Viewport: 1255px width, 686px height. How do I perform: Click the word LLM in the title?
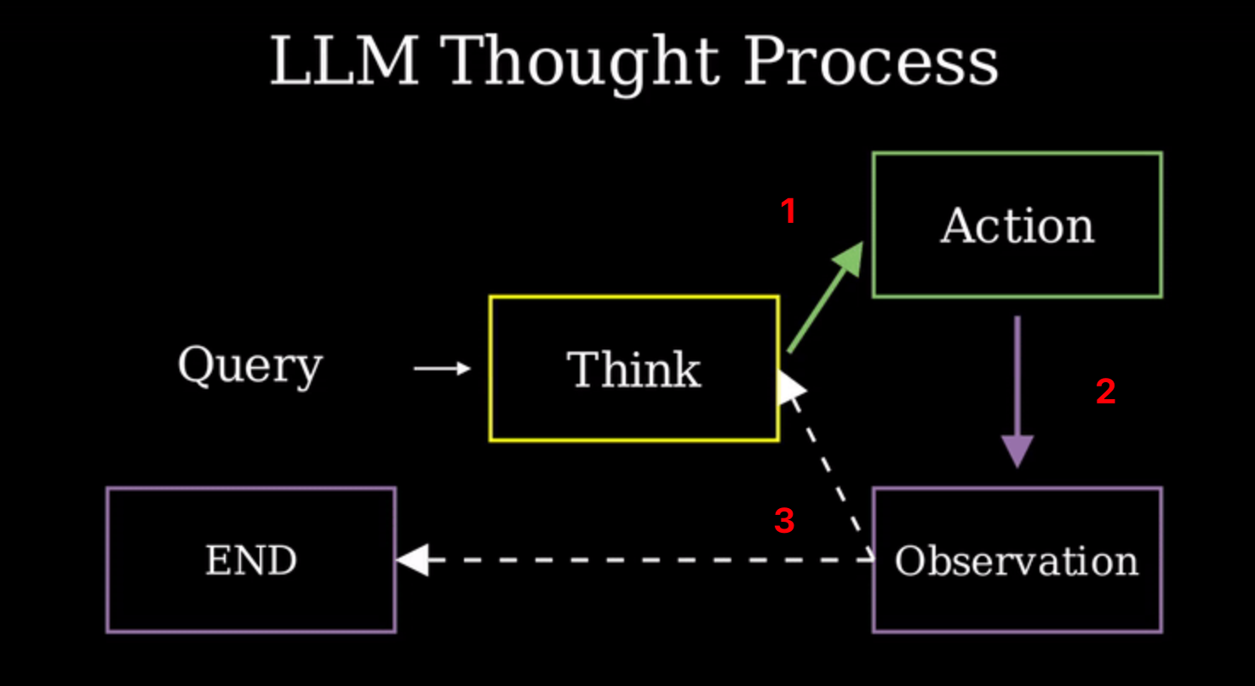(x=345, y=61)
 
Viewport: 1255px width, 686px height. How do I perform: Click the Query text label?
(x=249, y=366)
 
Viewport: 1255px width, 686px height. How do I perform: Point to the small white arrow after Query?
(x=442, y=369)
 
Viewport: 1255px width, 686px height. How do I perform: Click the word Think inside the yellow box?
(x=633, y=369)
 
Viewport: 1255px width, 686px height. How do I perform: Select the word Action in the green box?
(x=1017, y=226)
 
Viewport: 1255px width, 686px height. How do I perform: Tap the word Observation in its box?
(x=1017, y=561)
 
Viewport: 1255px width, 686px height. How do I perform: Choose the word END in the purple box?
(x=251, y=561)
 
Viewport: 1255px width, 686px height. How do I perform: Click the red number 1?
(x=788, y=211)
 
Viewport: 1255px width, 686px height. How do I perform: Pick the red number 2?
(x=1105, y=392)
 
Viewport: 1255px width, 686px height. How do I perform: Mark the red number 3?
(x=784, y=521)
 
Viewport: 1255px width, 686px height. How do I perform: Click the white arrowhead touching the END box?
(x=413, y=561)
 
